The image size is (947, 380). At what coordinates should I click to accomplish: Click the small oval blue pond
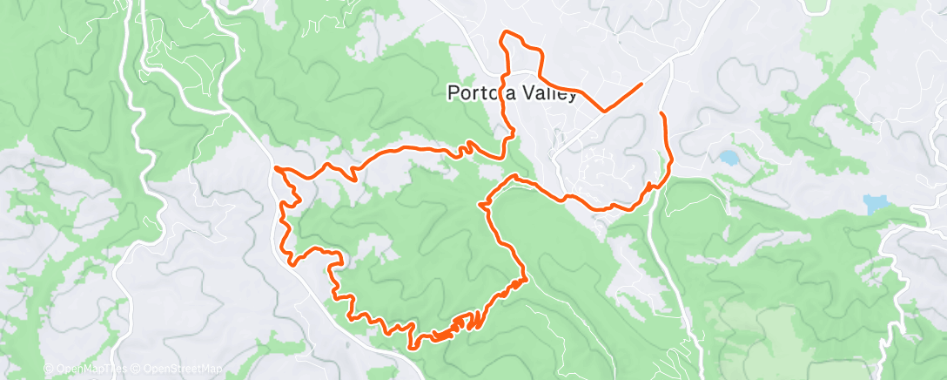[726, 159]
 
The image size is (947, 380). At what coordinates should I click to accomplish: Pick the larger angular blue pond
[874, 205]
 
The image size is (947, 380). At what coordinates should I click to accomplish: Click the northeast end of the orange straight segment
[641, 84]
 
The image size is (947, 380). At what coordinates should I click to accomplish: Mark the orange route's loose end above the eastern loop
[662, 114]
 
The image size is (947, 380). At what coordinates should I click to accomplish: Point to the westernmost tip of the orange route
[275, 166]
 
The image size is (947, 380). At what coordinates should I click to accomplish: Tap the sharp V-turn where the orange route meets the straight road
[603, 111]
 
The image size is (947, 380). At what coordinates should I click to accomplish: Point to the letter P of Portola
[453, 93]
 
